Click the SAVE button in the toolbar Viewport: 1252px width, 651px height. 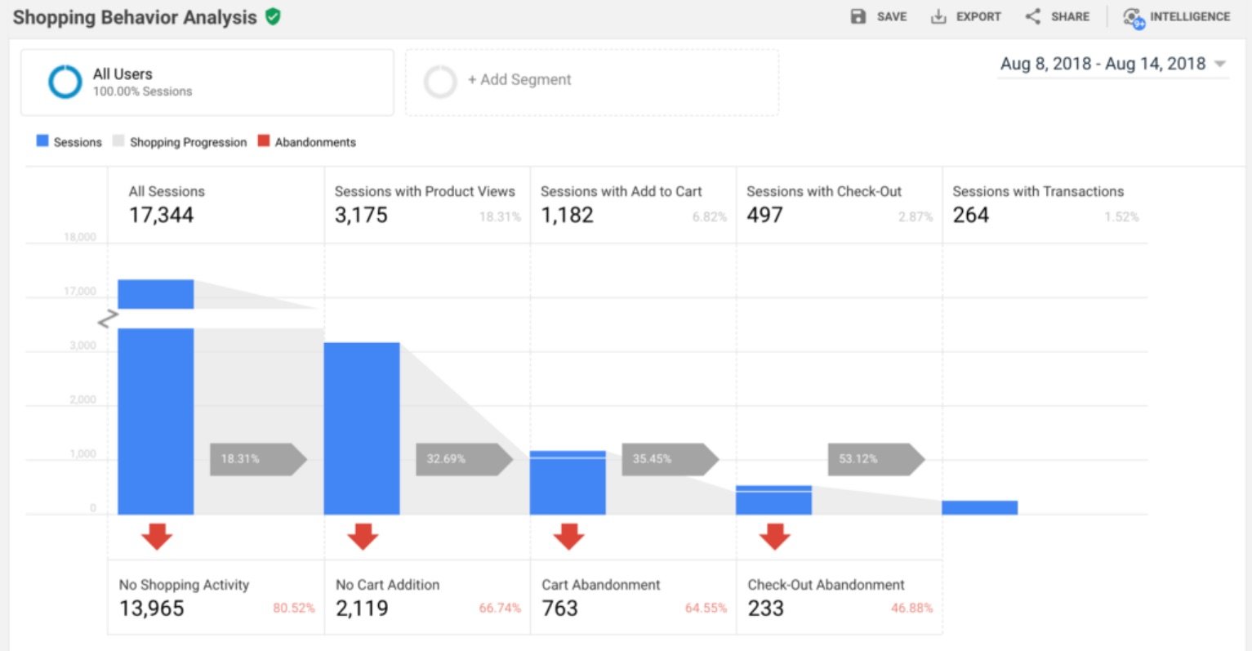(x=879, y=16)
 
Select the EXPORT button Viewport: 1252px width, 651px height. (x=966, y=16)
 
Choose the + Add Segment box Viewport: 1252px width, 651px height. (x=592, y=81)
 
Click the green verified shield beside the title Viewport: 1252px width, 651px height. (x=274, y=16)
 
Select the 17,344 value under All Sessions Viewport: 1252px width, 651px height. (x=162, y=215)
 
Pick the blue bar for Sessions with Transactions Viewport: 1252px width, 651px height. (x=979, y=507)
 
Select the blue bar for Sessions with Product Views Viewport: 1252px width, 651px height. (x=362, y=428)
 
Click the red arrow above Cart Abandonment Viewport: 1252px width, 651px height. (x=568, y=537)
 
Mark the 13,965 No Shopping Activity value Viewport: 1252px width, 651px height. (x=152, y=609)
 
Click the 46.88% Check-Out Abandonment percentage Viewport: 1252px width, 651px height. (x=911, y=609)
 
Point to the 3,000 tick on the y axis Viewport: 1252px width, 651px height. (x=82, y=346)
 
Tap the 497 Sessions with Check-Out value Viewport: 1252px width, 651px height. (x=764, y=215)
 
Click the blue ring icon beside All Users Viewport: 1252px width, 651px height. (x=65, y=82)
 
